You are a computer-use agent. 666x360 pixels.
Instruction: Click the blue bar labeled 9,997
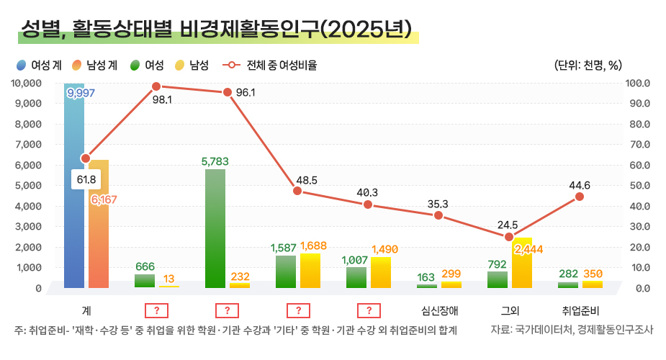click(x=74, y=187)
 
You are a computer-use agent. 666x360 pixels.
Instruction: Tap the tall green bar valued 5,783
click(x=215, y=228)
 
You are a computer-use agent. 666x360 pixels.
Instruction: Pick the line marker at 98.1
click(x=156, y=86)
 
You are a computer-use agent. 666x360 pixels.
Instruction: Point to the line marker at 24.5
click(x=509, y=237)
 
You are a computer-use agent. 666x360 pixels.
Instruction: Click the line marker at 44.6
click(x=580, y=197)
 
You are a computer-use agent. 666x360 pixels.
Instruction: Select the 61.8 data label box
click(x=86, y=179)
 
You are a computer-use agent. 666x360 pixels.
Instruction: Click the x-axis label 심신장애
click(x=438, y=312)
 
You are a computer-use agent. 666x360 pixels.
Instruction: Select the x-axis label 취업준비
click(x=580, y=312)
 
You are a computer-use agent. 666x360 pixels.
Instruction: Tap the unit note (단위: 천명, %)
click(x=588, y=66)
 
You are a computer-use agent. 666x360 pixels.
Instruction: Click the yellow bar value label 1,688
click(x=313, y=246)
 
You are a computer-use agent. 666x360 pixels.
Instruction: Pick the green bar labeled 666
click(x=145, y=281)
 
